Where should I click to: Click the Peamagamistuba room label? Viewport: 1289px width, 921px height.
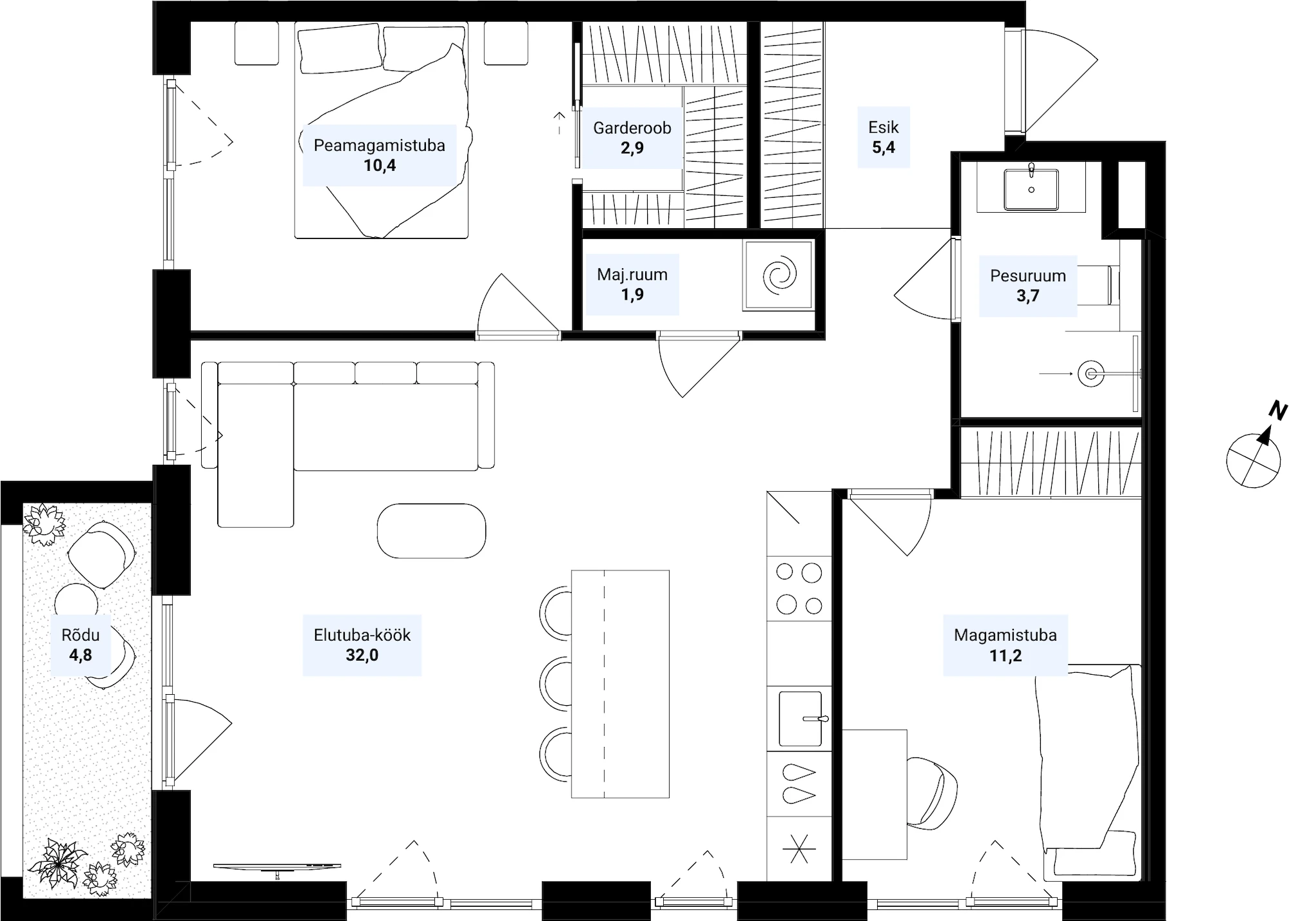coord(379,145)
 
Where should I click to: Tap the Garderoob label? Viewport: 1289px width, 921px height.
coord(632,128)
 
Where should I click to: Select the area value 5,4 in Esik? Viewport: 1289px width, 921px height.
coord(884,148)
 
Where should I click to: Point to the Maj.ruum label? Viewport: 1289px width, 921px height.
coord(632,275)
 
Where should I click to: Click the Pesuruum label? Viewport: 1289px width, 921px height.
coord(1028,276)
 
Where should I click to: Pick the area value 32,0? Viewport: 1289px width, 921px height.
coord(362,655)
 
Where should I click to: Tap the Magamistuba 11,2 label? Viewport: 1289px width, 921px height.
coord(1005,645)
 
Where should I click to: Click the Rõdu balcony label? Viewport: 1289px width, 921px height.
coord(81,635)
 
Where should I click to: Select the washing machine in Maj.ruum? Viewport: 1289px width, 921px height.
coord(779,275)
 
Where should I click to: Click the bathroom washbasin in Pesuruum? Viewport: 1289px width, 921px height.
coord(1031,188)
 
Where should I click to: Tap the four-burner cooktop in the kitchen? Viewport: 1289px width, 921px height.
coord(799,588)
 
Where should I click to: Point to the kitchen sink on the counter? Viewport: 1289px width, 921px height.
coord(800,719)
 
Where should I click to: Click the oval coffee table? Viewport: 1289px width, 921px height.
coord(431,530)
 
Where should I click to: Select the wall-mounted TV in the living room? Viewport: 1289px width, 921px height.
coord(277,868)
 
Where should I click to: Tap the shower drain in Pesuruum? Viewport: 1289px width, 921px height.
coord(1090,374)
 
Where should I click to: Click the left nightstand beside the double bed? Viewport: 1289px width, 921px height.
coord(257,43)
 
